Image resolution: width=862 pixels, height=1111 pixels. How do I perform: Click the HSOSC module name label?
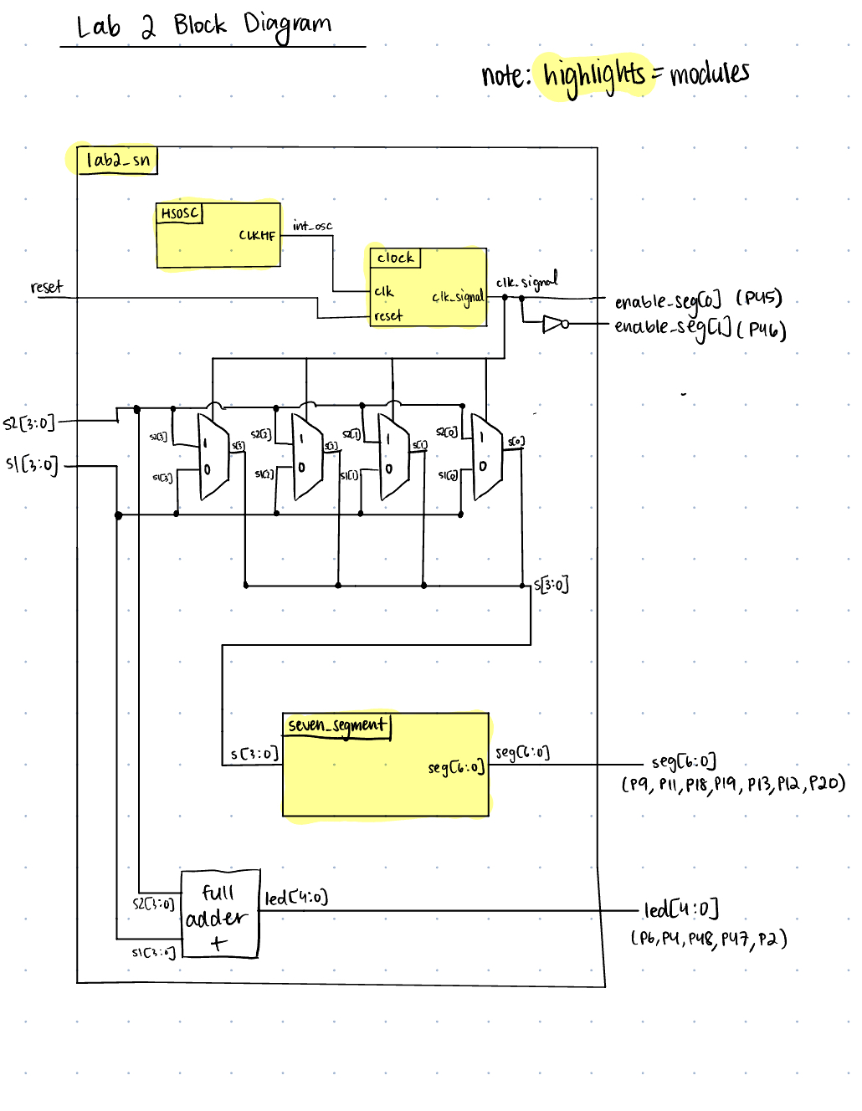click(180, 213)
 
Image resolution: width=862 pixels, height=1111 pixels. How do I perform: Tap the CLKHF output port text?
click(257, 235)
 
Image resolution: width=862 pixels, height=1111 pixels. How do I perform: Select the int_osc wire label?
click(312, 225)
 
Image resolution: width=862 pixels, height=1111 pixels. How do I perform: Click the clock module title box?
click(395, 258)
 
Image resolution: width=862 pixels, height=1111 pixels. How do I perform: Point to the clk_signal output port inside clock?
click(458, 297)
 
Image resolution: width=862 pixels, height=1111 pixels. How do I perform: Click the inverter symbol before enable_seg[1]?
click(555, 324)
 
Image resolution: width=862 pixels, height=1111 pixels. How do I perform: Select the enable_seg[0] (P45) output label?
click(698, 300)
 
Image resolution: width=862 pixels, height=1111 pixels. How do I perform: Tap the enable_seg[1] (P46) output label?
click(700, 328)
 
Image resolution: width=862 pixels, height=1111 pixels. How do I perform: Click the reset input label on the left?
click(47, 287)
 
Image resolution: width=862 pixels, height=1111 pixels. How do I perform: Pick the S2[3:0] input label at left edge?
click(29, 423)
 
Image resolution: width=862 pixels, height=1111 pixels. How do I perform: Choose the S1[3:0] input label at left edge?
click(33, 464)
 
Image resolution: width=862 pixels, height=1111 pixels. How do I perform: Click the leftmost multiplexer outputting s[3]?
click(213, 457)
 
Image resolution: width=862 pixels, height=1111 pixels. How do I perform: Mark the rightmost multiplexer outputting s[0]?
click(486, 456)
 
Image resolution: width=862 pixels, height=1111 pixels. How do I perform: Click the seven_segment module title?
click(337, 725)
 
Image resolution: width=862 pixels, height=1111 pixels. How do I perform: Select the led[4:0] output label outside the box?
click(681, 909)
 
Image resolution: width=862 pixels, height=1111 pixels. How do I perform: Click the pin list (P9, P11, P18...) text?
click(732, 784)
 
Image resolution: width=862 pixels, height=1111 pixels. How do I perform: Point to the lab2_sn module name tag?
click(118, 160)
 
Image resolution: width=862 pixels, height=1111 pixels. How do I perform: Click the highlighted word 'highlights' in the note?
click(594, 75)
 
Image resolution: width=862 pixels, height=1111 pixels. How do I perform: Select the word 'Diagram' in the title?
click(287, 25)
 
